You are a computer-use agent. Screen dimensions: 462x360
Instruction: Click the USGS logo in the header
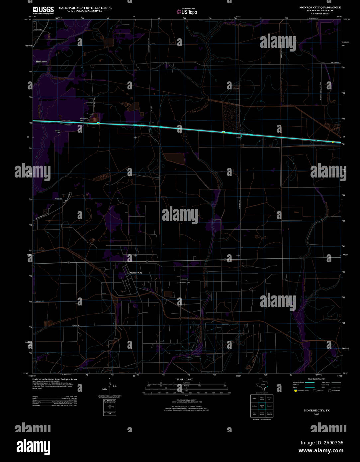43,10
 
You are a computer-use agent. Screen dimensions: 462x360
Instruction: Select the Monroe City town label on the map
135,273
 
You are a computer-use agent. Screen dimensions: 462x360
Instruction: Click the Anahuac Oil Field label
183,283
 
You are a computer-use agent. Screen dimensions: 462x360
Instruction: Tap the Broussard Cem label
84,119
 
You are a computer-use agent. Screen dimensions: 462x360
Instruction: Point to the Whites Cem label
58,132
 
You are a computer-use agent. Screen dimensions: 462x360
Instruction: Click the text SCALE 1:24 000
185,379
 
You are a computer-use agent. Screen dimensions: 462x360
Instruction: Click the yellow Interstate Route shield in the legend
296,391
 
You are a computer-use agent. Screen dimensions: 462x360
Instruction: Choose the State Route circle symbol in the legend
330,391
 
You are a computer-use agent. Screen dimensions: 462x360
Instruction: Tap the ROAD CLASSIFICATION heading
316,379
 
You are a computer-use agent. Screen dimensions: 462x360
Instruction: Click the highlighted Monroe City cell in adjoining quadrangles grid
262,406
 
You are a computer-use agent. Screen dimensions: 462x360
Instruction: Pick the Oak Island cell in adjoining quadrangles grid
254,413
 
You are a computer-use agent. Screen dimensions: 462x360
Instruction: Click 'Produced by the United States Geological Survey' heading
54,379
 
